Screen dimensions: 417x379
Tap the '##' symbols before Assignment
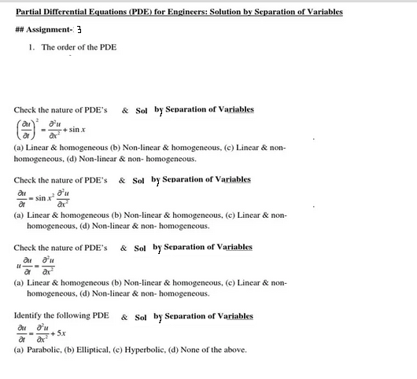click(x=20, y=29)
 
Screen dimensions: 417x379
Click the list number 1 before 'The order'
click(x=31, y=47)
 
